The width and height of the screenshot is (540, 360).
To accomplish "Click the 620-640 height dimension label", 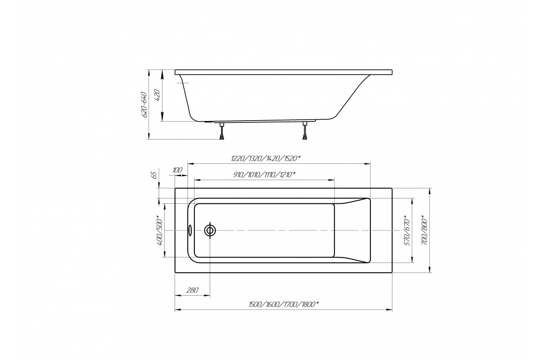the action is pyautogui.click(x=144, y=104).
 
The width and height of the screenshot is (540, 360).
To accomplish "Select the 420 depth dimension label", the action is pyautogui.click(x=157, y=95).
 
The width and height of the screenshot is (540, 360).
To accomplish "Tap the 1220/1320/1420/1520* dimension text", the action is pyautogui.click(x=265, y=158).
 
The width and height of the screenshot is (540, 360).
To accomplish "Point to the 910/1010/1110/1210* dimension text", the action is pyautogui.click(x=264, y=175).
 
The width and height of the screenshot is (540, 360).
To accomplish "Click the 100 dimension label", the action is pyautogui.click(x=177, y=170).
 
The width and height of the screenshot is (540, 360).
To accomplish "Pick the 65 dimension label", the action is pyautogui.click(x=154, y=175).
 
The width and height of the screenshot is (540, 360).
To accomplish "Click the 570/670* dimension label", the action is pyautogui.click(x=407, y=230).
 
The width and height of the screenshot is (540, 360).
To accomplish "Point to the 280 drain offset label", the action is pyautogui.click(x=193, y=290).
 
